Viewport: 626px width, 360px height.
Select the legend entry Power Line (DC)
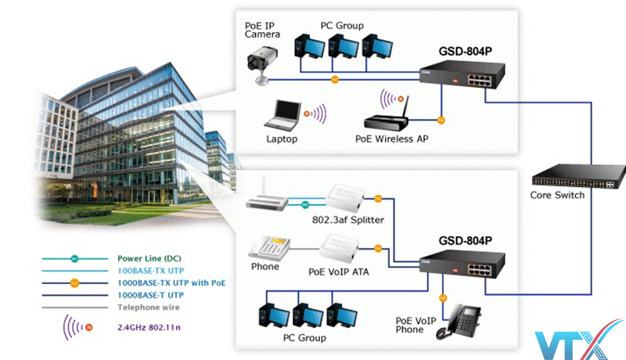point(149,257)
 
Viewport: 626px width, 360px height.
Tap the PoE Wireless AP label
point(390,140)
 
